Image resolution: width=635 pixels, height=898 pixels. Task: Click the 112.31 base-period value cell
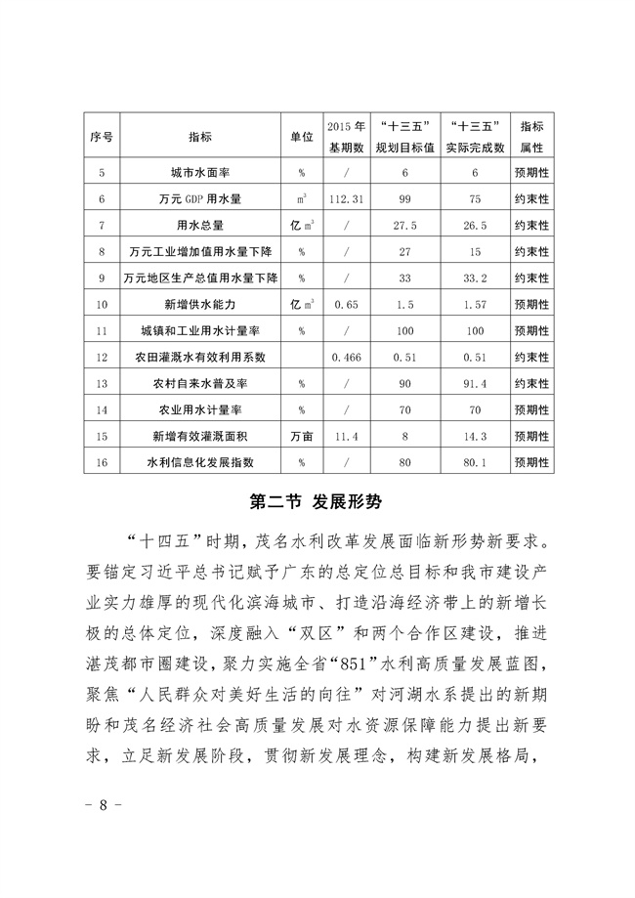point(347,198)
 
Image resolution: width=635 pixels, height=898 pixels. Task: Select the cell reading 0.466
point(347,357)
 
